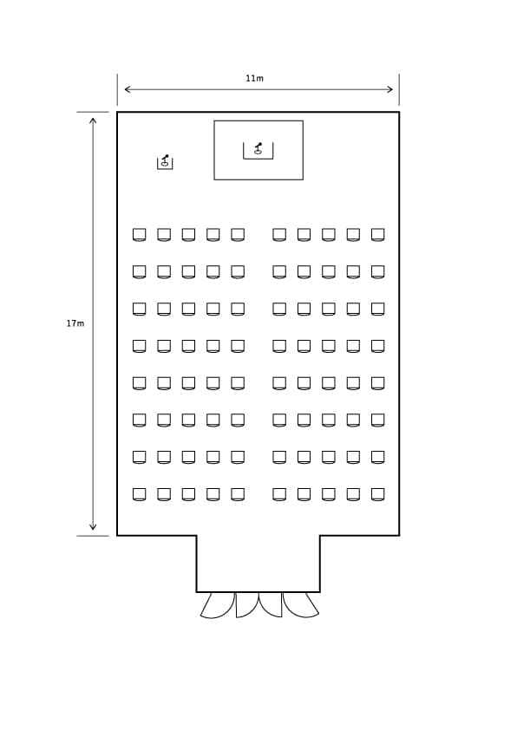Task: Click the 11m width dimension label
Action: click(254, 78)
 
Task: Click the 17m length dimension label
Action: click(75, 323)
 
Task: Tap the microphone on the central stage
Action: click(258, 148)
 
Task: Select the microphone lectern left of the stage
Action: click(165, 162)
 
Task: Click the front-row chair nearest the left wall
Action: click(140, 234)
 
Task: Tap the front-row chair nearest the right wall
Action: click(377, 234)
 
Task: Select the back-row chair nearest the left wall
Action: click(140, 494)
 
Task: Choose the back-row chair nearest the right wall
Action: click(377, 494)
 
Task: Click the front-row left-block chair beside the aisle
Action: click(238, 234)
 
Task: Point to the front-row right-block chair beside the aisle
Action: click(279, 234)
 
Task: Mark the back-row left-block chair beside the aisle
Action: click(238, 494)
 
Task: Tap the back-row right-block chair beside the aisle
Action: click(279, 494)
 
